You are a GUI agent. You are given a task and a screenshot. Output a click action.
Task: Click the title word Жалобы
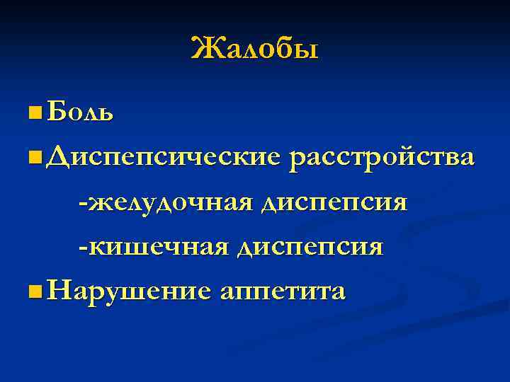click(x=255, y=49)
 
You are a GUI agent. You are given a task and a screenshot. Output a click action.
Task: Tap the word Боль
click(x=79, y=112)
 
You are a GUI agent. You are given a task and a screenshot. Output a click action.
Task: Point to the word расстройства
click(x=381, y=157)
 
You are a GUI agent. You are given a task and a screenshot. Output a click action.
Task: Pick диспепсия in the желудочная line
click(x=334, y=203)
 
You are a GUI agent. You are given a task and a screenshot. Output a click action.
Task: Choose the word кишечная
click(x=157, y=248)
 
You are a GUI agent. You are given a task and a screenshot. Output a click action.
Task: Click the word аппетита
click(x=283, y=292)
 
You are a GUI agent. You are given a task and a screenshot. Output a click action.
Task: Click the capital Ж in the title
click(x=204, y=49)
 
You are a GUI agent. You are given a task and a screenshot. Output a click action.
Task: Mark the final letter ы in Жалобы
click(x=309, y=52)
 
